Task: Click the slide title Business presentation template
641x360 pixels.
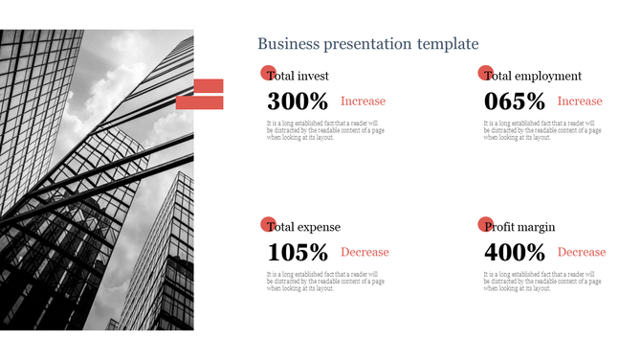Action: (367, 44)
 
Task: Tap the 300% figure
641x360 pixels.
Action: (298, 101)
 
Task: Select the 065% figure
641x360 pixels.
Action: (515, 101)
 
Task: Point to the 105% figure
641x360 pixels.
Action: (298, 253)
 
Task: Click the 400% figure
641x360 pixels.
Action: (515, 253)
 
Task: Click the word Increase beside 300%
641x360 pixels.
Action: (364, 101)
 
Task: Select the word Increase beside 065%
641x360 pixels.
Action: (580, 101)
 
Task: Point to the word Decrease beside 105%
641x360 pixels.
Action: (365, 253)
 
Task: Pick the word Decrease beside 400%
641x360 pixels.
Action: (582, 253)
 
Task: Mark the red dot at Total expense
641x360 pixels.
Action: (268, 224)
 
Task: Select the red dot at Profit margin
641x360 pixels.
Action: (485, 224)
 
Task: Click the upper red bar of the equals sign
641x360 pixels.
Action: (209, 86)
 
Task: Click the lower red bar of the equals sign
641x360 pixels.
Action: (209, 102)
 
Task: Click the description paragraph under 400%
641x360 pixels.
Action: (542, 281)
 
